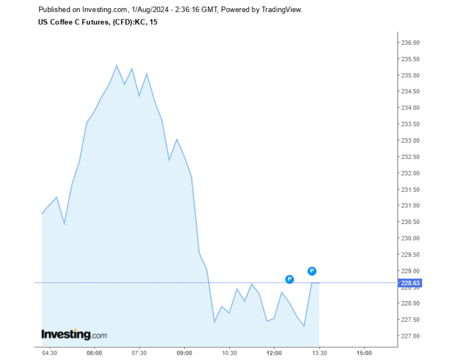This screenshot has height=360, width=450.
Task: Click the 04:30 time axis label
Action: tap(49, 353)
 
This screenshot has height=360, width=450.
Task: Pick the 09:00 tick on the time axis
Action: tap(184, 353)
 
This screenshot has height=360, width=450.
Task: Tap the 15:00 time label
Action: tap(364, 353)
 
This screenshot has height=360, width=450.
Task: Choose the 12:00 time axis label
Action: tap(274, 353)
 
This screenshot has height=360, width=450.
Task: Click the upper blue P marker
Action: tap(312, 271)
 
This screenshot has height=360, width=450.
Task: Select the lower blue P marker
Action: tap(289, 279)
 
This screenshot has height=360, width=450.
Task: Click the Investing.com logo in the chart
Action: tap(74, 334)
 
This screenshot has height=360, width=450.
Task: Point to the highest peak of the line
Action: tap(117, 66)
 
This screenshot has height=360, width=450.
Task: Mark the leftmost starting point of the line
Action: tap(42, 214)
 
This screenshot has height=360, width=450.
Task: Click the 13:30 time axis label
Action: tap(319, 353)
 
